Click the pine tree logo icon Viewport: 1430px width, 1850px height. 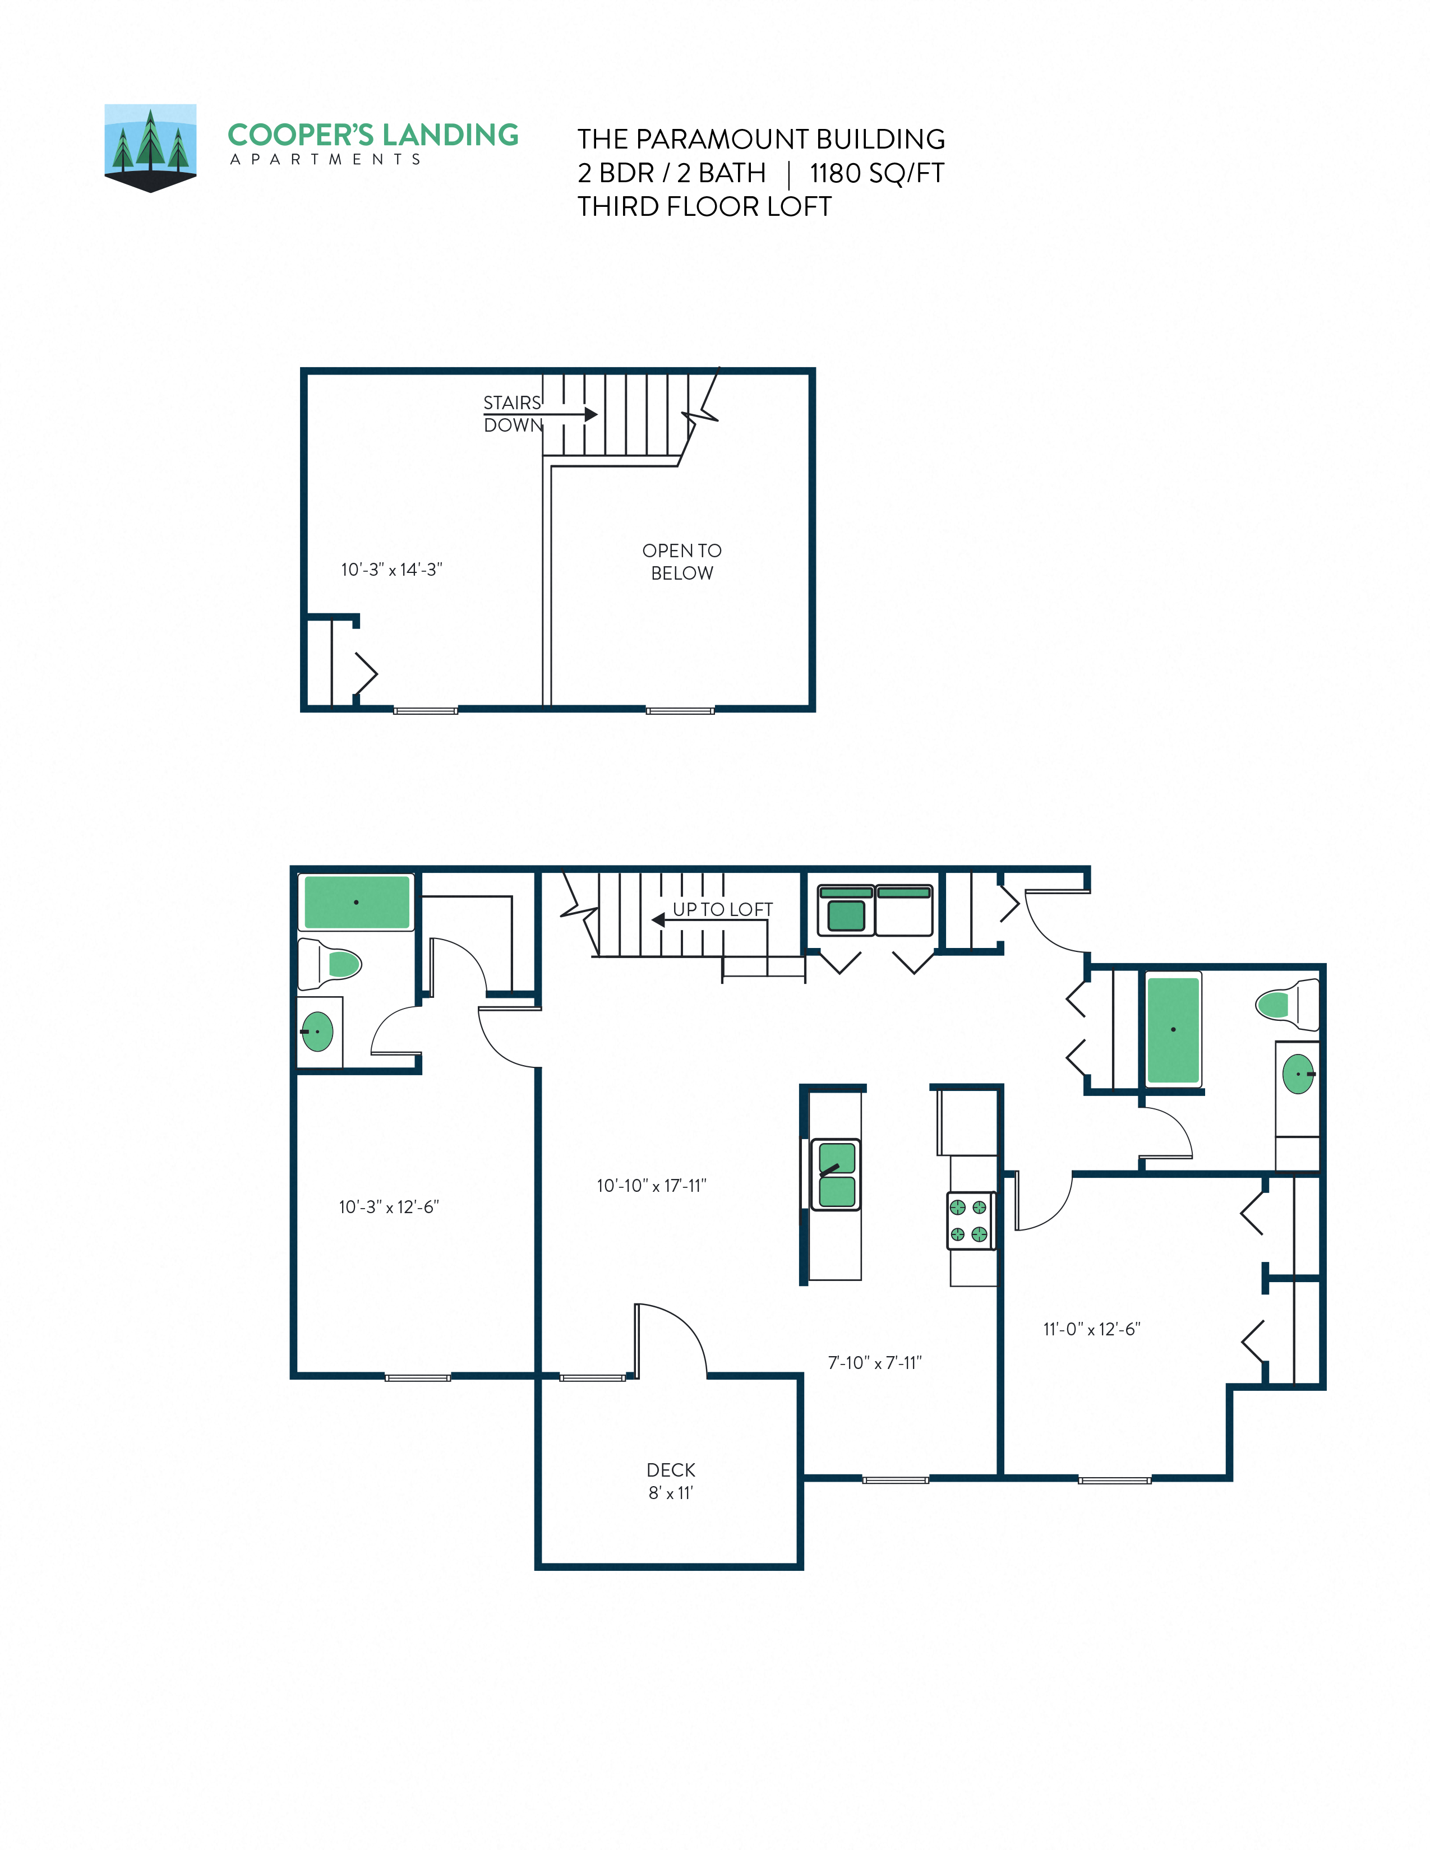150,146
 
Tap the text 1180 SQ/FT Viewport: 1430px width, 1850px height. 877,174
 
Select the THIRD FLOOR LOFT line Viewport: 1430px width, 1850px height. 704,207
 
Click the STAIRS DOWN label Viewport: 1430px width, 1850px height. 513,413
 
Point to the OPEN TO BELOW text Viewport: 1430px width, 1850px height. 682,562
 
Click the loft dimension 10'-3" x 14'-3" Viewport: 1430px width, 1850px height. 391,570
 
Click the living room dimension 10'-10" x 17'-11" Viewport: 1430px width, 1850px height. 652,1186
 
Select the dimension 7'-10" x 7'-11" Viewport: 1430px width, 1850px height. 874,1363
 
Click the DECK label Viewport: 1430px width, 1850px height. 671,1470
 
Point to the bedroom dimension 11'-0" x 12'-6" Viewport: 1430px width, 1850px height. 1092,1329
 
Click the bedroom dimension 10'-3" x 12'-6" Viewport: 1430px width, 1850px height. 389,1207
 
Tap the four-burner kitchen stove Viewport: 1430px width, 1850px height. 969,1220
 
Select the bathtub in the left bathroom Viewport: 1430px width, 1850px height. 357,902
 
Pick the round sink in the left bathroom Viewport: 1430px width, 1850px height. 317,1032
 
